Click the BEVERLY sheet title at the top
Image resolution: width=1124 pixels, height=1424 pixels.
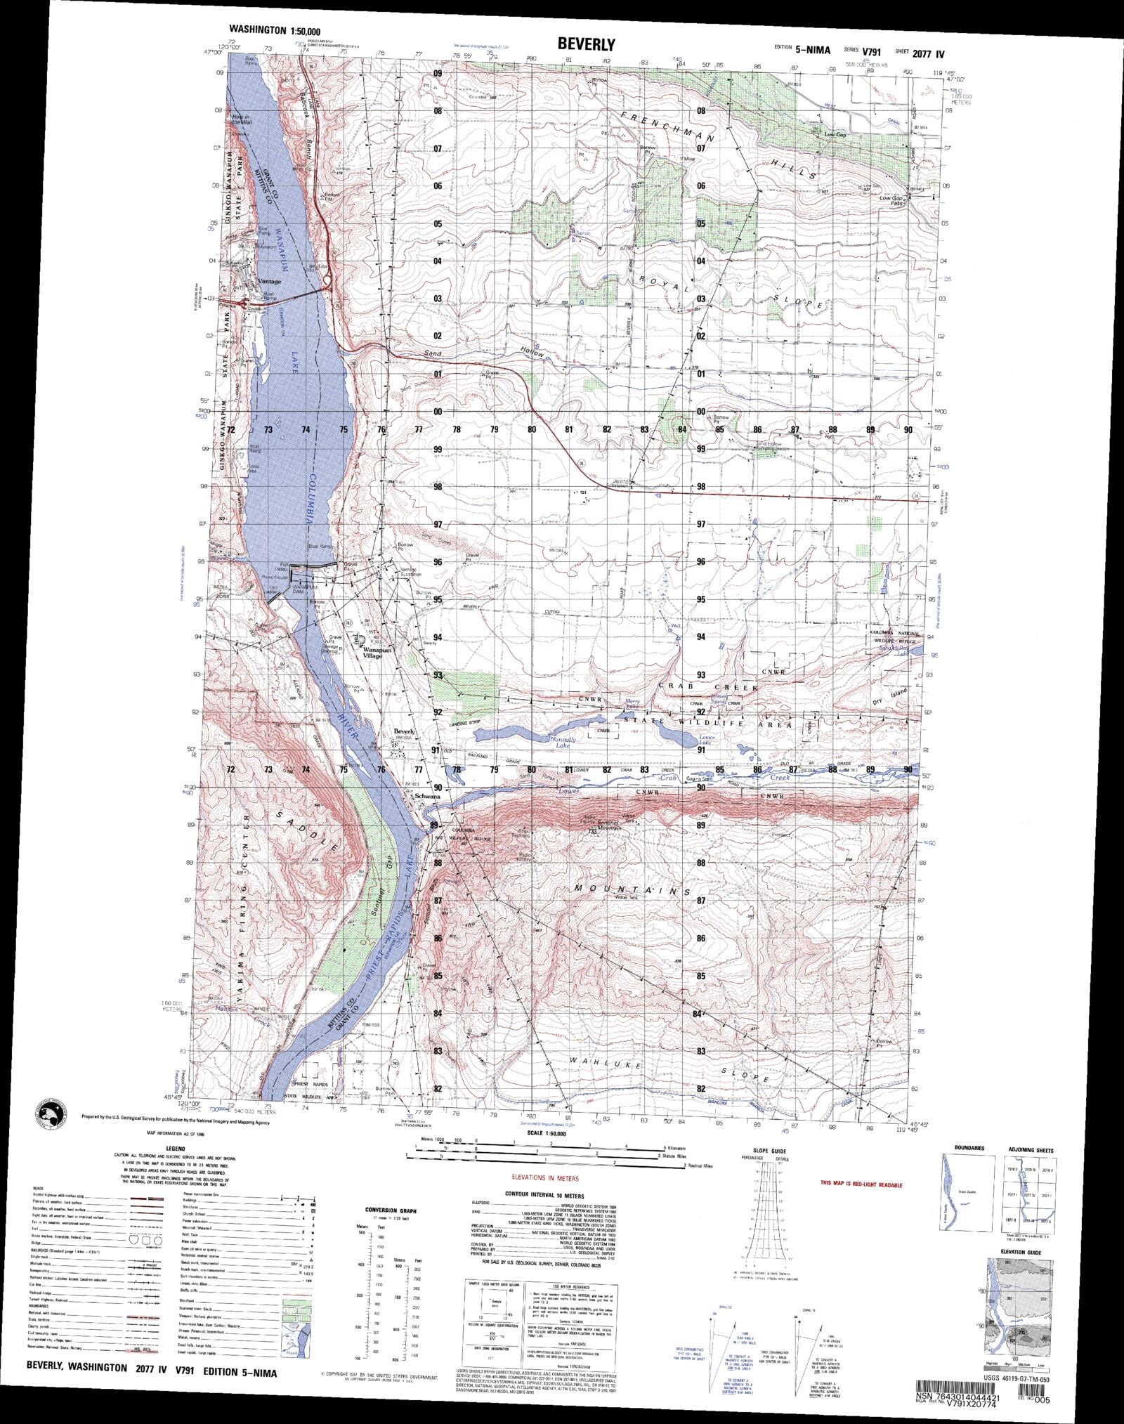[x=586, y=44]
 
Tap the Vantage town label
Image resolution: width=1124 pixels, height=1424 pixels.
[x=269, y=282]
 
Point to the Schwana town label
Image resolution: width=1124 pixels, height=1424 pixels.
[x=427, y=797]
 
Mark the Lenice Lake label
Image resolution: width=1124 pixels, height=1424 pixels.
[x=706, y=740]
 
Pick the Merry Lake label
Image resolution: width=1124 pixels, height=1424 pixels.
[x=634, y=703]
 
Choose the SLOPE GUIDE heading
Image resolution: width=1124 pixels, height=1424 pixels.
[x=768, y=1151]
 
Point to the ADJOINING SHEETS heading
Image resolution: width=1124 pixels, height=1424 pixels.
[x=1031, y=1149]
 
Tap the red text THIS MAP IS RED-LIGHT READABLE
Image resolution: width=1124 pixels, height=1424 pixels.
[x=861, y=1184]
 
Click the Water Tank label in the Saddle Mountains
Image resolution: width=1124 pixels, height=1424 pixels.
[x=625, y=897]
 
